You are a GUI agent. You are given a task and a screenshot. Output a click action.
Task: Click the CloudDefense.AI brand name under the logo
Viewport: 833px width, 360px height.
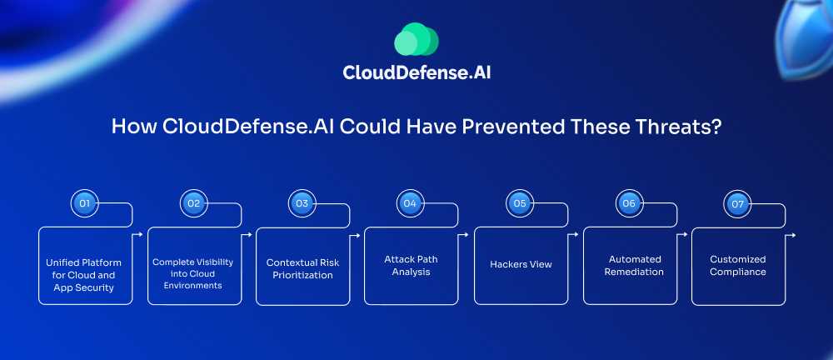pos(416,72)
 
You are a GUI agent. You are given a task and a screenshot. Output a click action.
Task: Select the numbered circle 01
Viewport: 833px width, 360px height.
pos(83,202)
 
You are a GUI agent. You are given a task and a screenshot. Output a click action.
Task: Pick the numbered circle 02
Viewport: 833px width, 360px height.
pos(192,202)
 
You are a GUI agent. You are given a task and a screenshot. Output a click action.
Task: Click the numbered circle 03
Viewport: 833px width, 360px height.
pos(301,202)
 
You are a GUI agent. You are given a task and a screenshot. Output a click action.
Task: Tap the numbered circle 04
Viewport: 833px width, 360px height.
pos(410,202)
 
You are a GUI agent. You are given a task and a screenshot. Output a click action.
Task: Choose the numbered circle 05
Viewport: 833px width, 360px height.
pos(519,202)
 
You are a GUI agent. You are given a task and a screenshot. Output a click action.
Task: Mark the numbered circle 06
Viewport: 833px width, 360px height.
pos(628,202)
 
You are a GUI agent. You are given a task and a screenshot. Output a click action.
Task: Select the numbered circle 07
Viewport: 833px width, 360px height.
pos(737,202)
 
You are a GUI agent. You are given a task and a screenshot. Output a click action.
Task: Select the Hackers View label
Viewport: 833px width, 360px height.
pos(519,264)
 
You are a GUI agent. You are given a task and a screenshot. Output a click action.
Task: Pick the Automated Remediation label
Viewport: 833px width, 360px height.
pos(628,265)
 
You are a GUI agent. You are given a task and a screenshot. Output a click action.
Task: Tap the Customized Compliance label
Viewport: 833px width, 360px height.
pos(737,265)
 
